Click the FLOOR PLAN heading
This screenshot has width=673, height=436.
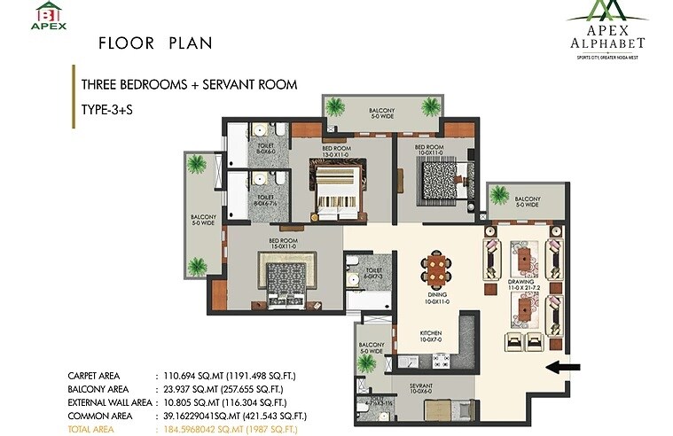(x=155, y=43)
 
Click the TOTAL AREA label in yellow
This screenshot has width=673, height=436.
(x=96, y=428)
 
